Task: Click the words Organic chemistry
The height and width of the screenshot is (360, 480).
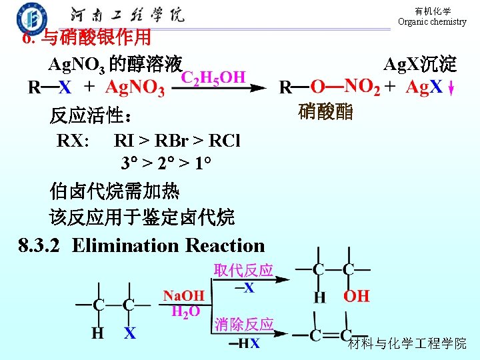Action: click(x=432, y=22)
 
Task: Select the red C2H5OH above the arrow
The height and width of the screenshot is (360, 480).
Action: click(x=214, y=77)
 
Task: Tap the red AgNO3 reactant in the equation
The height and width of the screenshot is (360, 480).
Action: click(x=135, y=88)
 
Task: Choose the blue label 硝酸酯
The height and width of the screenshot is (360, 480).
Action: click(x=325, y=111)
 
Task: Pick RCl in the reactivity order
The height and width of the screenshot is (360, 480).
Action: click(x=224, y=141)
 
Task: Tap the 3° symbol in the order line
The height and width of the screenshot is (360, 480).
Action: click(x=129, y=163)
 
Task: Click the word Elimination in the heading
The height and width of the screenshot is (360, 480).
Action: click(x=126, y=245)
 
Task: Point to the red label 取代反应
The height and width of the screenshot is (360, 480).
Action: click(x=243, y=270)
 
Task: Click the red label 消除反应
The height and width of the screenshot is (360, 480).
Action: click(x=244, y=325)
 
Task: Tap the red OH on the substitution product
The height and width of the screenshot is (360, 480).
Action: click(x=356, y=296)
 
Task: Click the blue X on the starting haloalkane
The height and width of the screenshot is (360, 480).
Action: click(x=130, y=333)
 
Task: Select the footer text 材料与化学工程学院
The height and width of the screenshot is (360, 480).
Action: click(x=407, y=343)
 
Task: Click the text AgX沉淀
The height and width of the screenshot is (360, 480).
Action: click(x=420, y=65)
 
